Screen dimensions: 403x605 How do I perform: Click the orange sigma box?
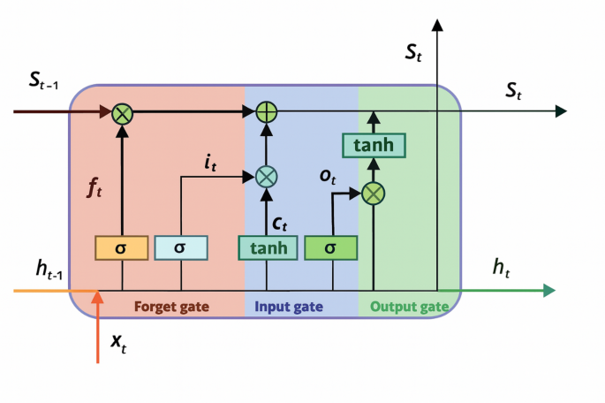click(121, 247)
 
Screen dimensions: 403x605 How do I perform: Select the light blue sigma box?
click(180, 247)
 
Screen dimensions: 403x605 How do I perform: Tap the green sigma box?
click(330, 247)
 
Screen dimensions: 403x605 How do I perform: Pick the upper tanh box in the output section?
click(374, 145)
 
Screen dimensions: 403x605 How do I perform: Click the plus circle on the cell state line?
click(266, 111)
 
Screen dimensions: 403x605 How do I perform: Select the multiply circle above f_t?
click(122, 111)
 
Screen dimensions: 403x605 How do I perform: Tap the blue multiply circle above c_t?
click(266, 176)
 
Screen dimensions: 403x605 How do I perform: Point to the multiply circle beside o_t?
click(374, 192)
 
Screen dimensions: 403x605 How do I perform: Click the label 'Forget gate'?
click(172, 307)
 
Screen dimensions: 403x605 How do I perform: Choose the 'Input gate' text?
click(289, 307)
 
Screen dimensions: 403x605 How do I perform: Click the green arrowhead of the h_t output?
click(548, 290)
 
